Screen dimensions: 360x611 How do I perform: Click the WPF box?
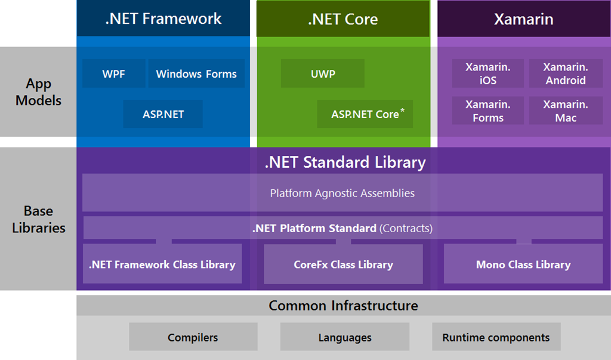pos(113,74)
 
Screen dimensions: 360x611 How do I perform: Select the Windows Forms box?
pos(196,74)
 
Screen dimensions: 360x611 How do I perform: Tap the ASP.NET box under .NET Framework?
pos(163,114)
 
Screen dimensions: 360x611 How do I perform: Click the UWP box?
pos(323,74)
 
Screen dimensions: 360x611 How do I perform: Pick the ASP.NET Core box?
pos(365,114)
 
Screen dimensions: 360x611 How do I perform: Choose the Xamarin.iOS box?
pos(488,73)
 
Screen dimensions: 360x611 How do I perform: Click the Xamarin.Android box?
pos(566,73)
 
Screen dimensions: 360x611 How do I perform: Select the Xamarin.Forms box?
pos(488,111)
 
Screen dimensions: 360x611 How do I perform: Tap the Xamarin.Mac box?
pos(566,111)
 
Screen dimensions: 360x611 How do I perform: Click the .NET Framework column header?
pos(163,19)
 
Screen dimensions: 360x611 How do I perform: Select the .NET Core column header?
pos(343,19)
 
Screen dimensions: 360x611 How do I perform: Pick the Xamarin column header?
pos(523,19)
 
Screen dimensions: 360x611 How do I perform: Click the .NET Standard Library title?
pos(345,162)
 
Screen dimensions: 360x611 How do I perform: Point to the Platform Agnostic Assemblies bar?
pos(342,193)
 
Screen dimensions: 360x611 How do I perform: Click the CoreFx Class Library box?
pos(343,264)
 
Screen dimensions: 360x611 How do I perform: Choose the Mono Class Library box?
pos(523,264)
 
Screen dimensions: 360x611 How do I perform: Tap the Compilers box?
pos(193,337)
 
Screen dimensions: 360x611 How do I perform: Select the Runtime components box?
pos(496,337)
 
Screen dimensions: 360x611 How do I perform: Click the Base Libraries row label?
pos(38,219)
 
